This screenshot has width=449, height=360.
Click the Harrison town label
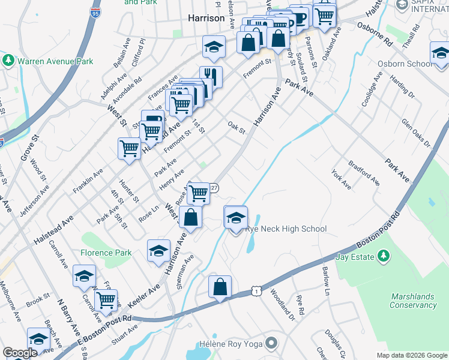[206, 18]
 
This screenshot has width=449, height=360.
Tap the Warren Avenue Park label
[55, 61]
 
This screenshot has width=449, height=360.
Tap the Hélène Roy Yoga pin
[272, 343]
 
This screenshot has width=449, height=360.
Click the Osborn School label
[404, 64]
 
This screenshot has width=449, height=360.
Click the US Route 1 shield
[257, 291]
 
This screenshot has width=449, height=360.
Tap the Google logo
[20, 353]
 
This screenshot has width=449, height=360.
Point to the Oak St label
[237, 128]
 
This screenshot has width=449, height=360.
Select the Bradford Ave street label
[364, 172]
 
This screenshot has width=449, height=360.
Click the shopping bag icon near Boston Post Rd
[220, 287]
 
